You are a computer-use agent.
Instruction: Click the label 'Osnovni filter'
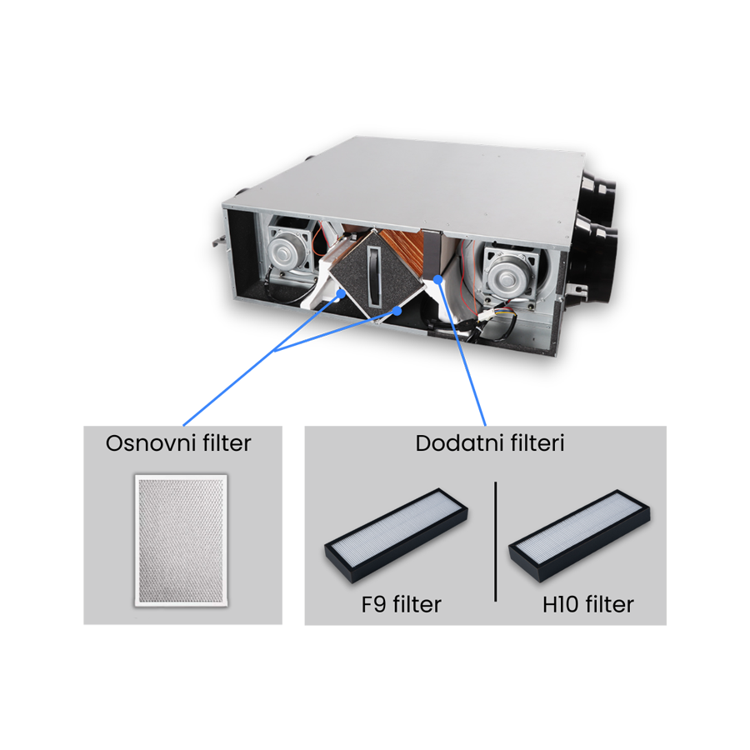coord(178,442)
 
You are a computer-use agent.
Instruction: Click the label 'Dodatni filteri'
coord(490,442)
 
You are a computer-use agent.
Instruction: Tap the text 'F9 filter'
coord(402,603)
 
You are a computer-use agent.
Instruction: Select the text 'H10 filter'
coord(587,603)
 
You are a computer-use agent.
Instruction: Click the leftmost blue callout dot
coord(339,293)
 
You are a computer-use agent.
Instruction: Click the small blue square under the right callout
coord(475,397)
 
